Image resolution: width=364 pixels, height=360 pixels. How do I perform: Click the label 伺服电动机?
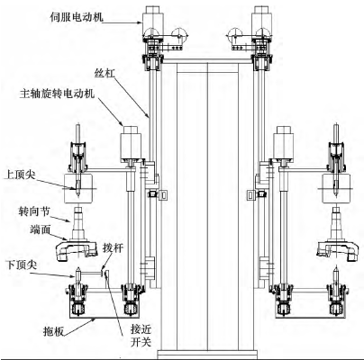click(77, 17)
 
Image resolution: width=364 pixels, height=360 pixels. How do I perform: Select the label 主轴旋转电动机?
click(57, 94)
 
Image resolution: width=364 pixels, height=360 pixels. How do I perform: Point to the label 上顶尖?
click(19, 175)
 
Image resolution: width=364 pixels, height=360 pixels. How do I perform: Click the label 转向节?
click(33, 211)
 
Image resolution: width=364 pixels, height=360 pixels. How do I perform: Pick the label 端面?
click(39, 229)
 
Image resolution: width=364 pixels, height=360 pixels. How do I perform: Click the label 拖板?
click(53, 331)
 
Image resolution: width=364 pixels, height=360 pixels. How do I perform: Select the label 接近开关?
click(141, 336)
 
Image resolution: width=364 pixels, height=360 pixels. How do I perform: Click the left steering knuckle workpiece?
click(77, 236)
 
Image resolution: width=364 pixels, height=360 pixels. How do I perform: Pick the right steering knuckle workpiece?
click(338, 236)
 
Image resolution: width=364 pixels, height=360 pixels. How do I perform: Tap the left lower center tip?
click(77, 273)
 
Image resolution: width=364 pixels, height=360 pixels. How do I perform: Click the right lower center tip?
click(336, 273)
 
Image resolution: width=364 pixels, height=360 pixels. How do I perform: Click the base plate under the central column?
click(207, 354)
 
